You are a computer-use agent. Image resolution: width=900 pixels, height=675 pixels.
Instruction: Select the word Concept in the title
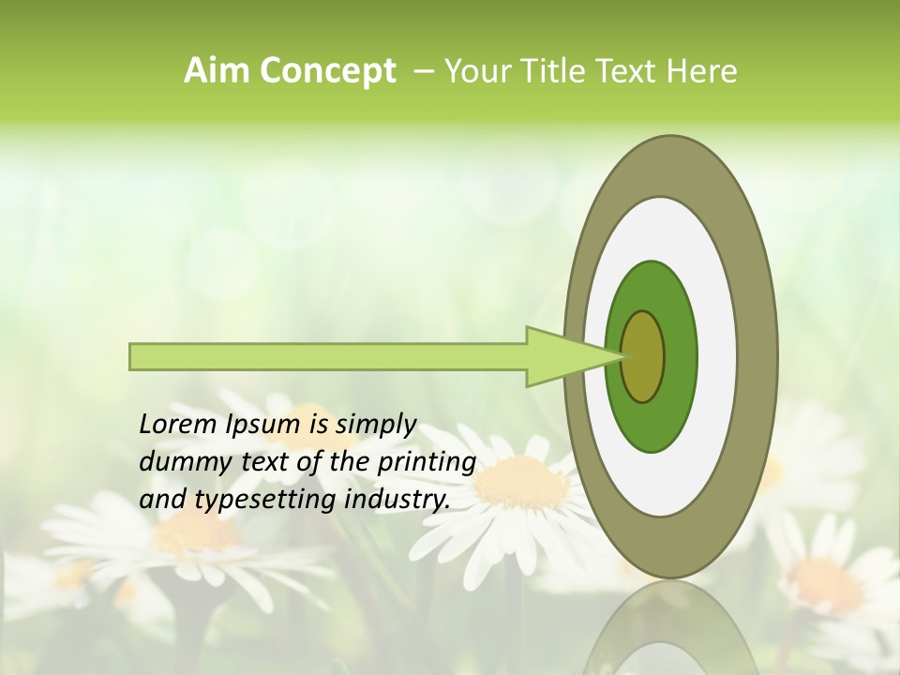[x=327, y=72]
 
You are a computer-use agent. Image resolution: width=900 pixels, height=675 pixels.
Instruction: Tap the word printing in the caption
[x=424, y=462]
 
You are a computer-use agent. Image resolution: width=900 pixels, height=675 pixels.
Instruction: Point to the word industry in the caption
[x=397, y=499]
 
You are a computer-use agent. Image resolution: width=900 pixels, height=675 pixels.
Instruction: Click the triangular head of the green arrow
[x=562, y=356]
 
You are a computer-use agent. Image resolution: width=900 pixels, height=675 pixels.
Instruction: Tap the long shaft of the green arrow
[x=328, y=356]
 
